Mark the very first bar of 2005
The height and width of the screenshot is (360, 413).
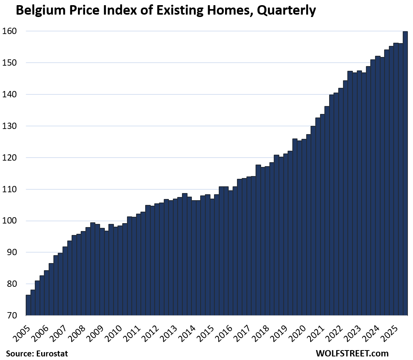tap(28, 305)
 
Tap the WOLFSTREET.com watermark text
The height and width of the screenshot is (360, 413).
tap(352, 353)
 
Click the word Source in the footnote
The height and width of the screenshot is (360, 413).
tap(18, 353)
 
